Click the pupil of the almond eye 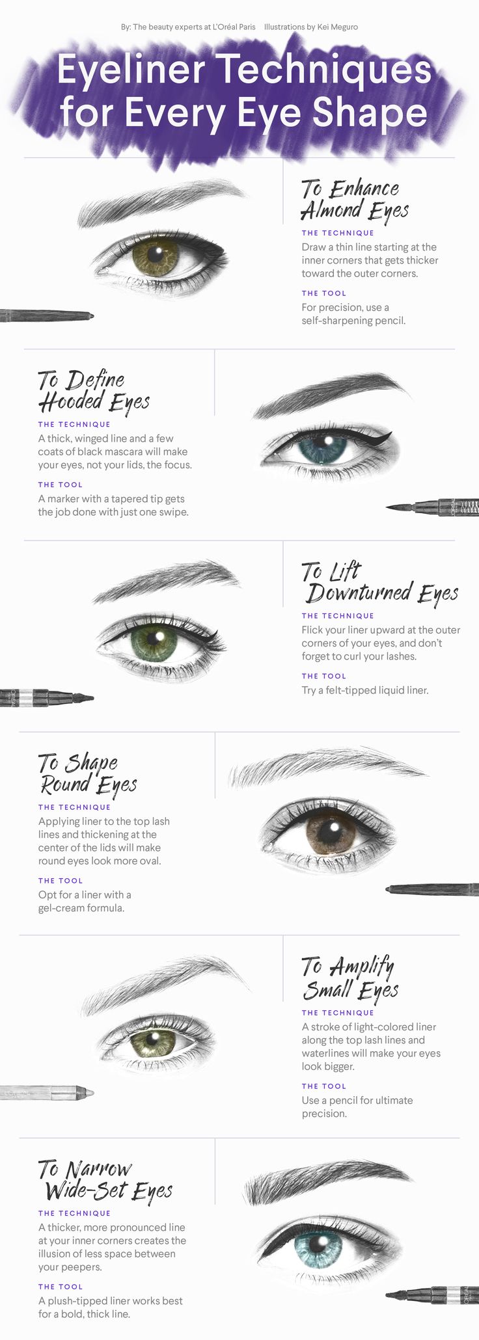point(155,252)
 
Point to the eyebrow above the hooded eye point(332,394)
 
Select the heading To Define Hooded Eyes point(94,391)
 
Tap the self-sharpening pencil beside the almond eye point(47,315)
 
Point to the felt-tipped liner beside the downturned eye point(47,698)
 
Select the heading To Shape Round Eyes point(87,774)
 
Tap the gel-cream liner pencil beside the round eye point(432,888)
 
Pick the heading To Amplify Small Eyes point(350,978)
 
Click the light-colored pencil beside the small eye point(47,1092)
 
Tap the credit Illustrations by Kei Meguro point(311,27)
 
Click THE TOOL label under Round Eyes point(61,880)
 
